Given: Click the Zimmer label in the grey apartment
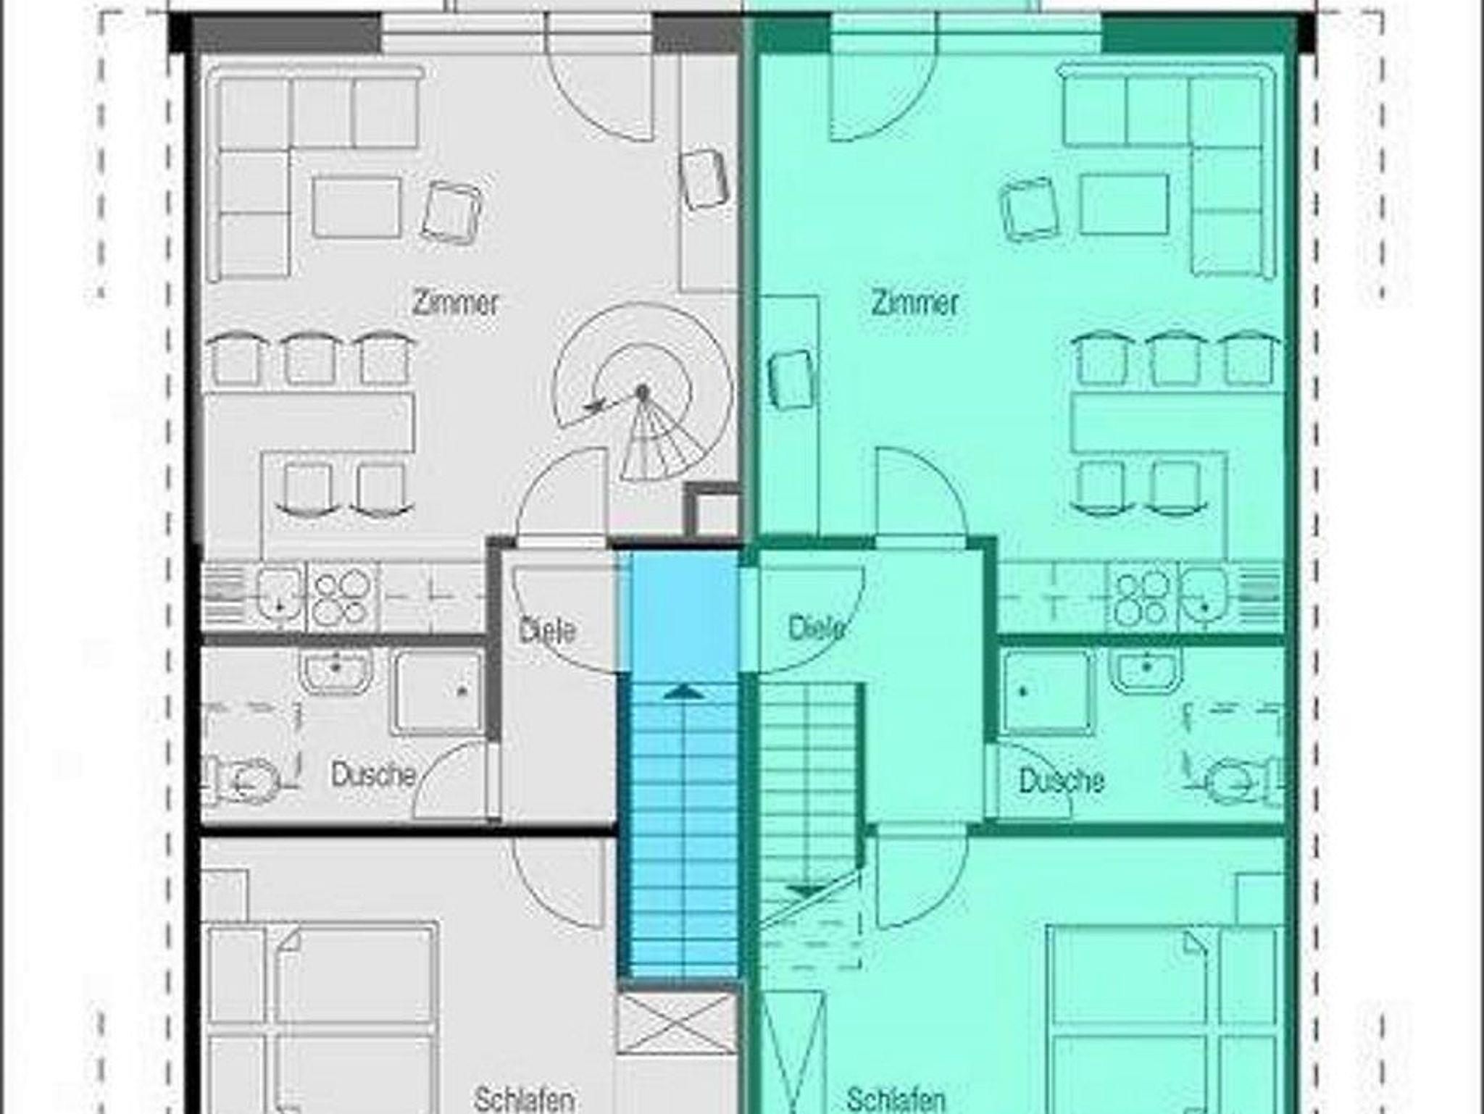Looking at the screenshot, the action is pos(455,302).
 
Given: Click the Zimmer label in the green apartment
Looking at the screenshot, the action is pos(914,302).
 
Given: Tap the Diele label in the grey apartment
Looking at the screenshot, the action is pos(547,630).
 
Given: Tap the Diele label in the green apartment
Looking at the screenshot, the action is pos(817,627).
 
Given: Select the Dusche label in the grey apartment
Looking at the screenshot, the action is pos(374,775).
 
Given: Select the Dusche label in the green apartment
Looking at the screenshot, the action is pos(1062,781).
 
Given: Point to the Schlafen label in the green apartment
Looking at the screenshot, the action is pos(896,1099).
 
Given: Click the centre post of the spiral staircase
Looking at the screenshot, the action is pos(642,392).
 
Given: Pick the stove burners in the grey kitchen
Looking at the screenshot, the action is pos(338,598).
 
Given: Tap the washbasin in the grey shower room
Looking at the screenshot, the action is pos(336,670).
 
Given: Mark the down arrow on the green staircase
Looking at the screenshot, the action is pos(806,891).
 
